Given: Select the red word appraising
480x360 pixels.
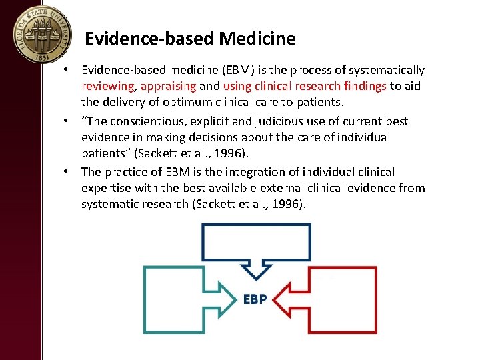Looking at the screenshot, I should coord(168,86).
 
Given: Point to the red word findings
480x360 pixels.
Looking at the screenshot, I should coord(365,86).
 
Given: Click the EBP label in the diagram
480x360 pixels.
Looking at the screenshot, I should coord(255,299).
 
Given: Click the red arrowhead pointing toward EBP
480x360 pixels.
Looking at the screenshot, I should coord(285,300).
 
